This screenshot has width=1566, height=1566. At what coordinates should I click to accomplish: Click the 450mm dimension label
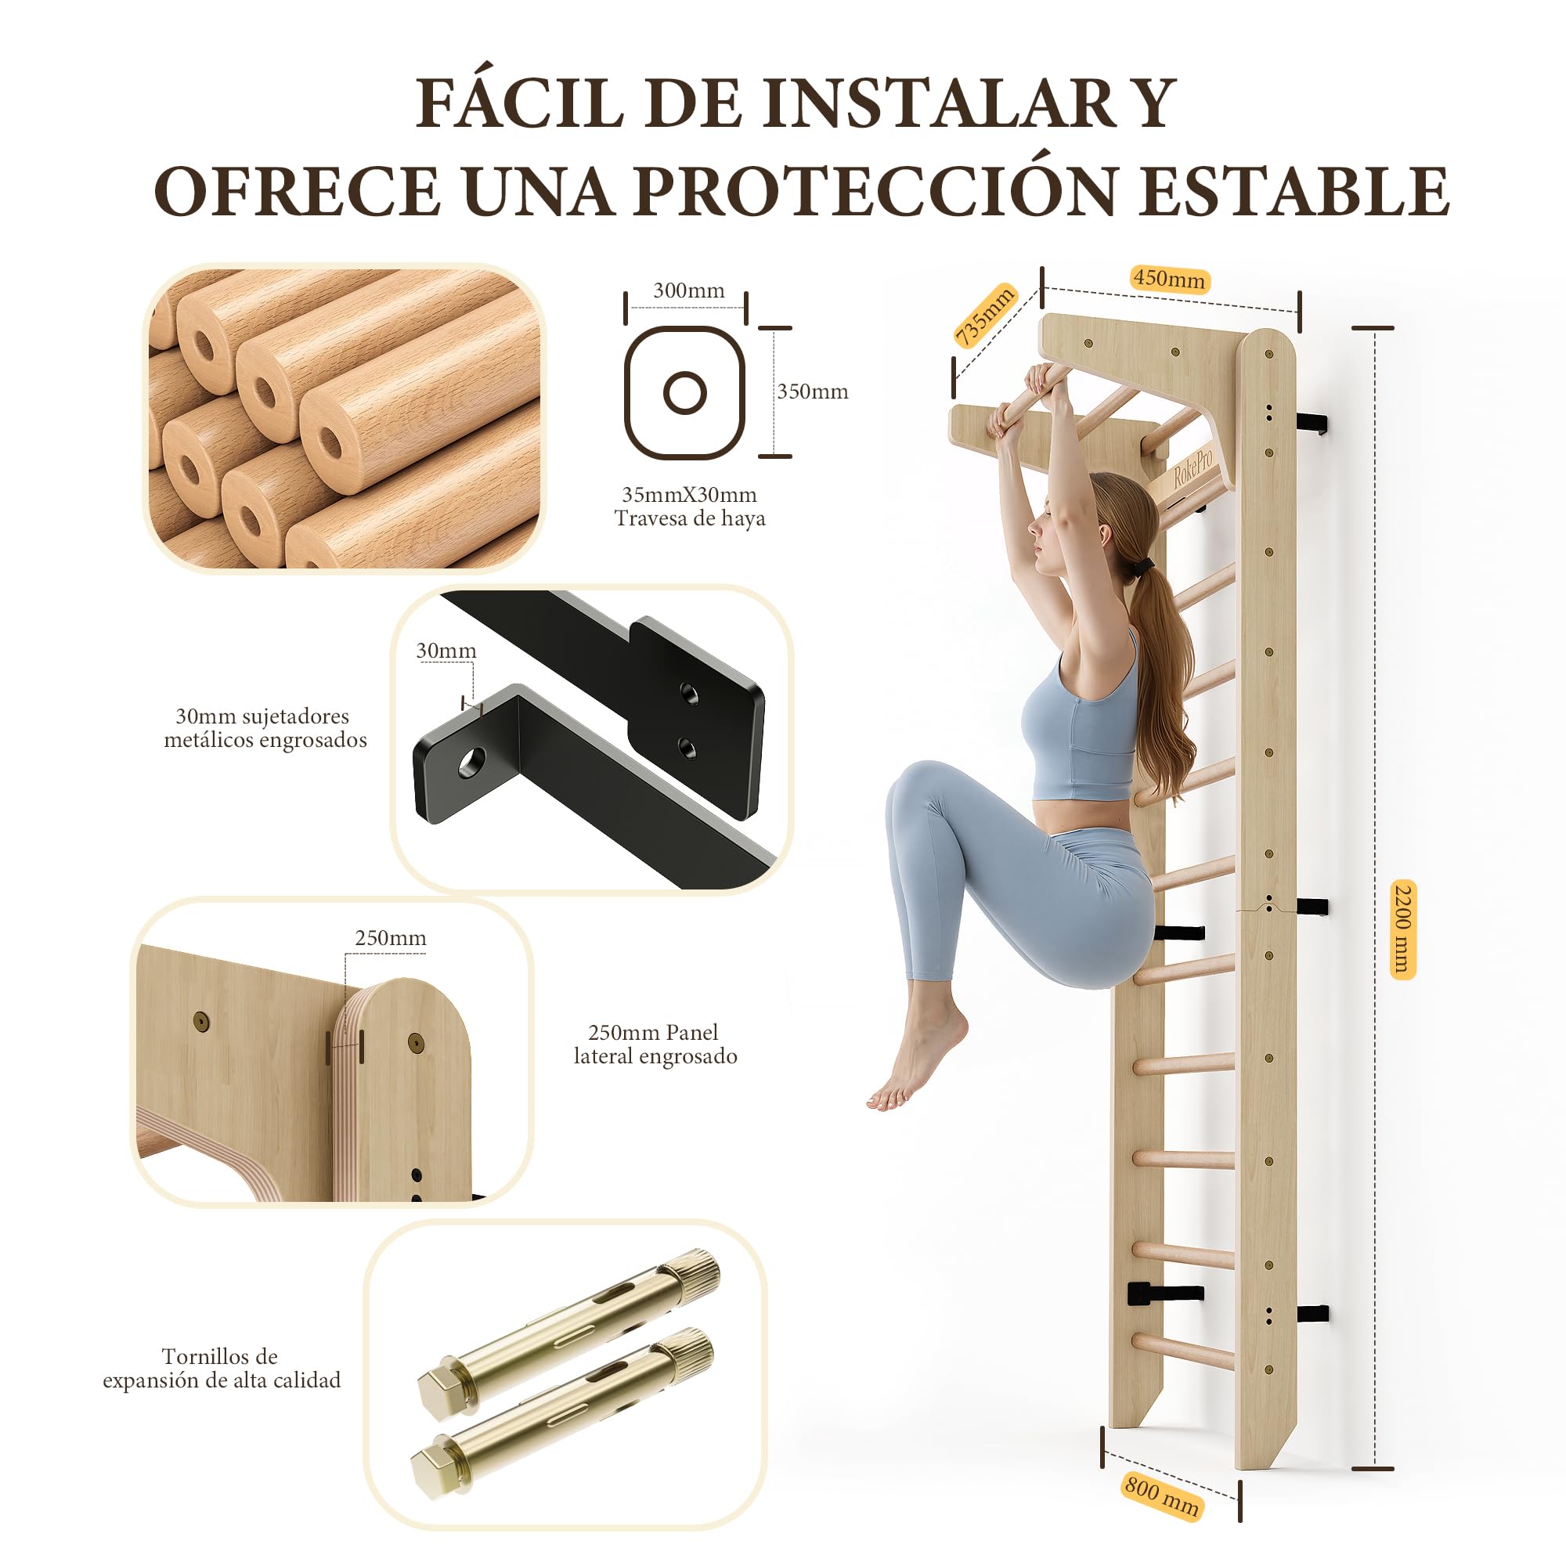click(x=1170, y=279)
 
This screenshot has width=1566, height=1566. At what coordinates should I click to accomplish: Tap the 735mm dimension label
click(x=985, y=316)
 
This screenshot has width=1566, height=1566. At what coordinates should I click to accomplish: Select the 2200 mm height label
click(x=1402, y=929)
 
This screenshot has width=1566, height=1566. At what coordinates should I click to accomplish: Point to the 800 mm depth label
click(x=1161, y=1496)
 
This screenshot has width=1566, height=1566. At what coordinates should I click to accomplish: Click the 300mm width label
click(x=689, y=290)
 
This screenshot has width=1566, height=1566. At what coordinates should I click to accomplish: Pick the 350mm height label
click(x=812, y=391)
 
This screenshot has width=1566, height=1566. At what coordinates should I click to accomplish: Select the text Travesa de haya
click(x=690, y=519)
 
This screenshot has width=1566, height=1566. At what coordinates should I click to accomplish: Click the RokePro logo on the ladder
click(x=1193, y=467)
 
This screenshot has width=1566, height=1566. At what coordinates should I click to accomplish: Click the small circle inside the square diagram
click(x=685, y=393)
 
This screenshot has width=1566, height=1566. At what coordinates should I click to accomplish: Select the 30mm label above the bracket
click(x=446, y=651)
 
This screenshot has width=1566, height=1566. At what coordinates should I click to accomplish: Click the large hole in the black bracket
click(x=471, y=762)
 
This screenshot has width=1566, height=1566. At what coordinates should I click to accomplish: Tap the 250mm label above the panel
click(x=391, y=938)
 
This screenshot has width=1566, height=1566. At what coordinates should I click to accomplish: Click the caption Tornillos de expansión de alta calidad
click(x=222, y=1368)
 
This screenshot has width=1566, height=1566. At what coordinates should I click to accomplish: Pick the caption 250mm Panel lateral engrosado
click(x=655, y=1044)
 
